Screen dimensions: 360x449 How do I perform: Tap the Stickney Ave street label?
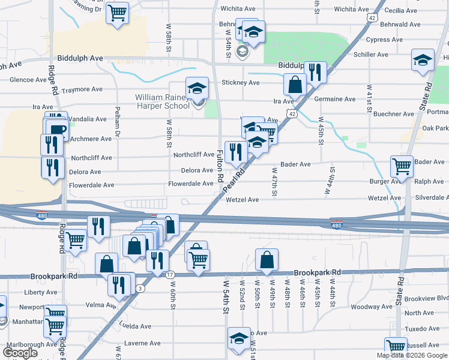pyautogui.click(x=240, y=83)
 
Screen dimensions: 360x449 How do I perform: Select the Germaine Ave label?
pyautogui.click(x=336, y=99)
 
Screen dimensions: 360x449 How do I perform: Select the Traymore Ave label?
pyautogui.click(x=82, y=89)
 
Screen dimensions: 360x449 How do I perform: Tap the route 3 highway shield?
pyautogui.click(x=139, y=289)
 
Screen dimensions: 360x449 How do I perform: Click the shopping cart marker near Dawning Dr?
pyautogui.click(x=117, y=13)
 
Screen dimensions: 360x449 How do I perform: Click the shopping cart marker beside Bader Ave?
pyautogui.click(x=402, y=166)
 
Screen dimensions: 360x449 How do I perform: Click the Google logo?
pyautogui.click(x=21, y=353)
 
